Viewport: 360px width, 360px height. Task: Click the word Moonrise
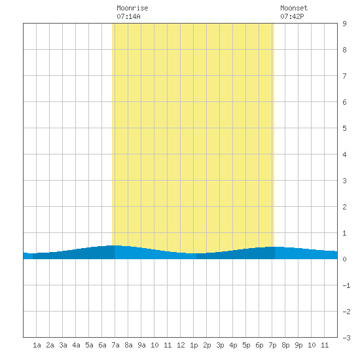click(132, 8)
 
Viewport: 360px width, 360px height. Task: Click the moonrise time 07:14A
click(128, 16)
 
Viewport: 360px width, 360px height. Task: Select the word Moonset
click(294, 8)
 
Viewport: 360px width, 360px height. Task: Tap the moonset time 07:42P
click(292, 16)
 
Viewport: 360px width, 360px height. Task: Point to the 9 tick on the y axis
click(344, 24)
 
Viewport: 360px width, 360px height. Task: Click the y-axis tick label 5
click(344, 128)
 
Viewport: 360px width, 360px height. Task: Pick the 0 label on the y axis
click(344, 259)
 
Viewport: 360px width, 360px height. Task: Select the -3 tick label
click(346, 338)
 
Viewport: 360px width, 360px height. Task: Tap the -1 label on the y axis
click(346, 285)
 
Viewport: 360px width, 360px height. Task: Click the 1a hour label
click(37, 345)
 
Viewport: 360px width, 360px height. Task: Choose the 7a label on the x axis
click(115, 345)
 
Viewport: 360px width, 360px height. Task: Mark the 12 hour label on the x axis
click(181, 345)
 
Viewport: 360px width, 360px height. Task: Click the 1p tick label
click(194, 345)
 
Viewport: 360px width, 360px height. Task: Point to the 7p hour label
click(272, 345)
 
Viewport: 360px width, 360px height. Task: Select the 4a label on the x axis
click(76, 345)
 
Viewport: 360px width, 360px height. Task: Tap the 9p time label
click(298, 345)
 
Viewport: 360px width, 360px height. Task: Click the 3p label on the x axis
click(220, 345)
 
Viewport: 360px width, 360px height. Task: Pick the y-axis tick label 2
click(344, 207)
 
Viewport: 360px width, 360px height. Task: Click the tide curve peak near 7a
click(115, 245)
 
